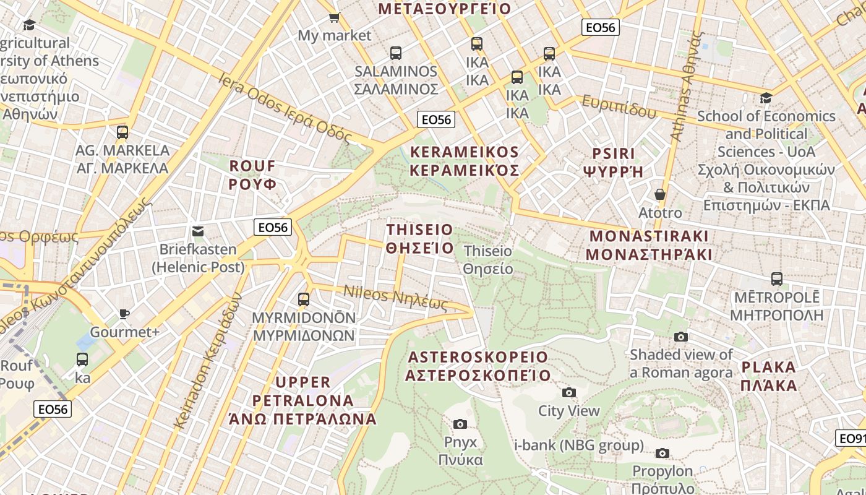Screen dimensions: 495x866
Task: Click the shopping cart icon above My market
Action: pyautogui.click(x=334, y=18)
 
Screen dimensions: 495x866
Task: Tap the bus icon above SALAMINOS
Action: pyautogui.click(x=396, y=53)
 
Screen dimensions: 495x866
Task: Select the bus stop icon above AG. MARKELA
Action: pyautogui.click(x=122, y=132)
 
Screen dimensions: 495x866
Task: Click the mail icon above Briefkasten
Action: pyautogui.click(x=198, y=231)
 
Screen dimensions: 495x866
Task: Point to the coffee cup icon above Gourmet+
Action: pyautogui.click(x=124, y=314)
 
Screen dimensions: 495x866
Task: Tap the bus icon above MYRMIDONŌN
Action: pyautogui.click(x=304, y=299)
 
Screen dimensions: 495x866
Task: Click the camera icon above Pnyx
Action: pyautogui.click(x=460, y=424)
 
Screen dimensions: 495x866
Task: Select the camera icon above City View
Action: pyautogui.click(x=569, y=392)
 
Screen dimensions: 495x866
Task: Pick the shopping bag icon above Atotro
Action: pyautogui.click(x=660, y=194)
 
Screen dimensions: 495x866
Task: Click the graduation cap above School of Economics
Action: pyautogui.click(x=766, y=98)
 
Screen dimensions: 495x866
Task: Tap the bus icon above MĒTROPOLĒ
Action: pyautogui.click(x=777, y=279)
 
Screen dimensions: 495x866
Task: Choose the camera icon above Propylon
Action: pyautogui.click(x=662, y=453)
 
